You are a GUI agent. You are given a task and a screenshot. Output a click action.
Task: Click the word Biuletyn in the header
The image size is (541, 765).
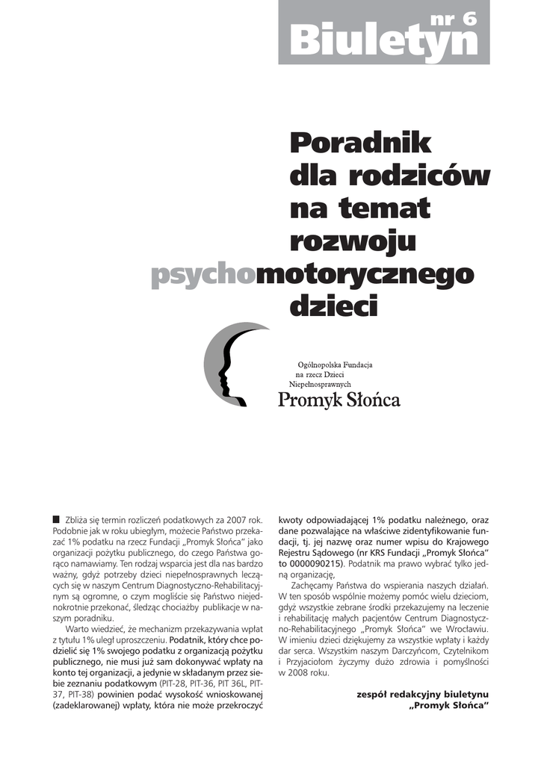(x=383, y=41)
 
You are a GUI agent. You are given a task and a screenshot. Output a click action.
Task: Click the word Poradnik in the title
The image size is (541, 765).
(x=360, y=143)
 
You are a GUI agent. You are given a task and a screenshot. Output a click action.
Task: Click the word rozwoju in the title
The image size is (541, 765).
(x=352, y=241)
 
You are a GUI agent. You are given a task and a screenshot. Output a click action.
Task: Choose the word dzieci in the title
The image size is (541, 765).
(x=333, y=306)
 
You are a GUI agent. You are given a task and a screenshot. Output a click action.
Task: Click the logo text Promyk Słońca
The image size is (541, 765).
(x=339, y=400)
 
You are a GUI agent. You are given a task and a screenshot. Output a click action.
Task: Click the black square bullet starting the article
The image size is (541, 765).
(x=56, y=518)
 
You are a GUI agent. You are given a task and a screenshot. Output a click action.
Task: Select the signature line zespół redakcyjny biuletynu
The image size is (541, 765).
(x=424, y=694)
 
